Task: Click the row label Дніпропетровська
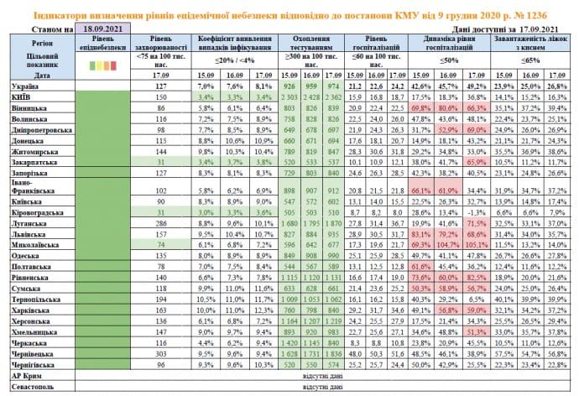point(36,131)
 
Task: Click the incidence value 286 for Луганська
point(163,224)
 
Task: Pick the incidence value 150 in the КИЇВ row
point(163,97)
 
